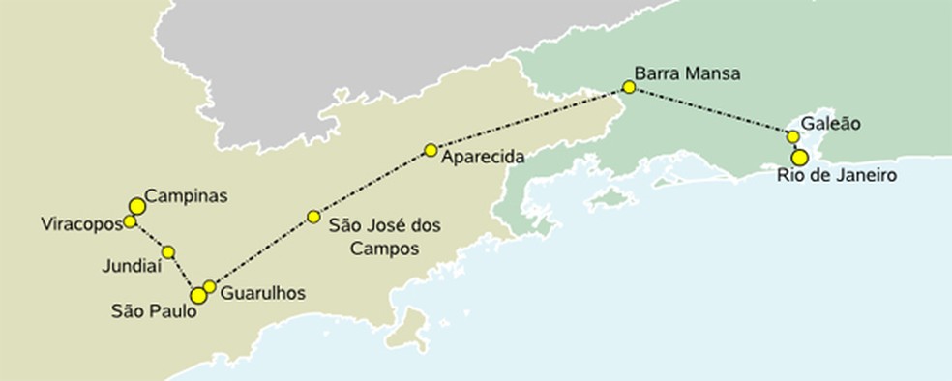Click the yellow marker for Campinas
[136, 206]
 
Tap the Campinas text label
[186, 195]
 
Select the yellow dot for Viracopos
[130, 221]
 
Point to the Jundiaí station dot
[168, 251]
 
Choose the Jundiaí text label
[130, 263]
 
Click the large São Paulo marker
[198, 295]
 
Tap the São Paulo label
[152, 311]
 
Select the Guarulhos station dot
[210, 286]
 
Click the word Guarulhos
[263, 293]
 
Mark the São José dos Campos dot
[313, 217]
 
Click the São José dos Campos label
[384, 236]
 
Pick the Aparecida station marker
[431, 150]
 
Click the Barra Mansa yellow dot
[629, 87]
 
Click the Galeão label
[830, 124]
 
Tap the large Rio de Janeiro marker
[799, 157]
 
